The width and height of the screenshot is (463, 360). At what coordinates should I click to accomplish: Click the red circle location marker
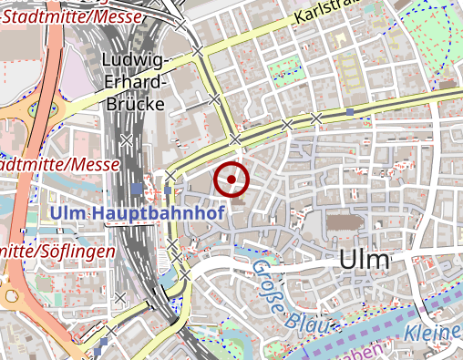pyautogui.click(x=231, y=180)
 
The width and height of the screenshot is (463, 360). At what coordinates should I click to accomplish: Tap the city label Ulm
pyautogui.click(x=364, y=259)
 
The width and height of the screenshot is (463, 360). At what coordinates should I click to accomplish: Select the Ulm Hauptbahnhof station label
pyautogui.click(x=139, y=213)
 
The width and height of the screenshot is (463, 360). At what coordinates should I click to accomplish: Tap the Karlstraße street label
pyautogui.click(x=328, y=15)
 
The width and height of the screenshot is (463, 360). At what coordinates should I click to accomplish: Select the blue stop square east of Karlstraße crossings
pyautogui.click(x=349, y=113)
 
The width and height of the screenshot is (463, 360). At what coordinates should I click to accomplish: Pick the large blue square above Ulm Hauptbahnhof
pyautogui.click(x=137, y=189)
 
